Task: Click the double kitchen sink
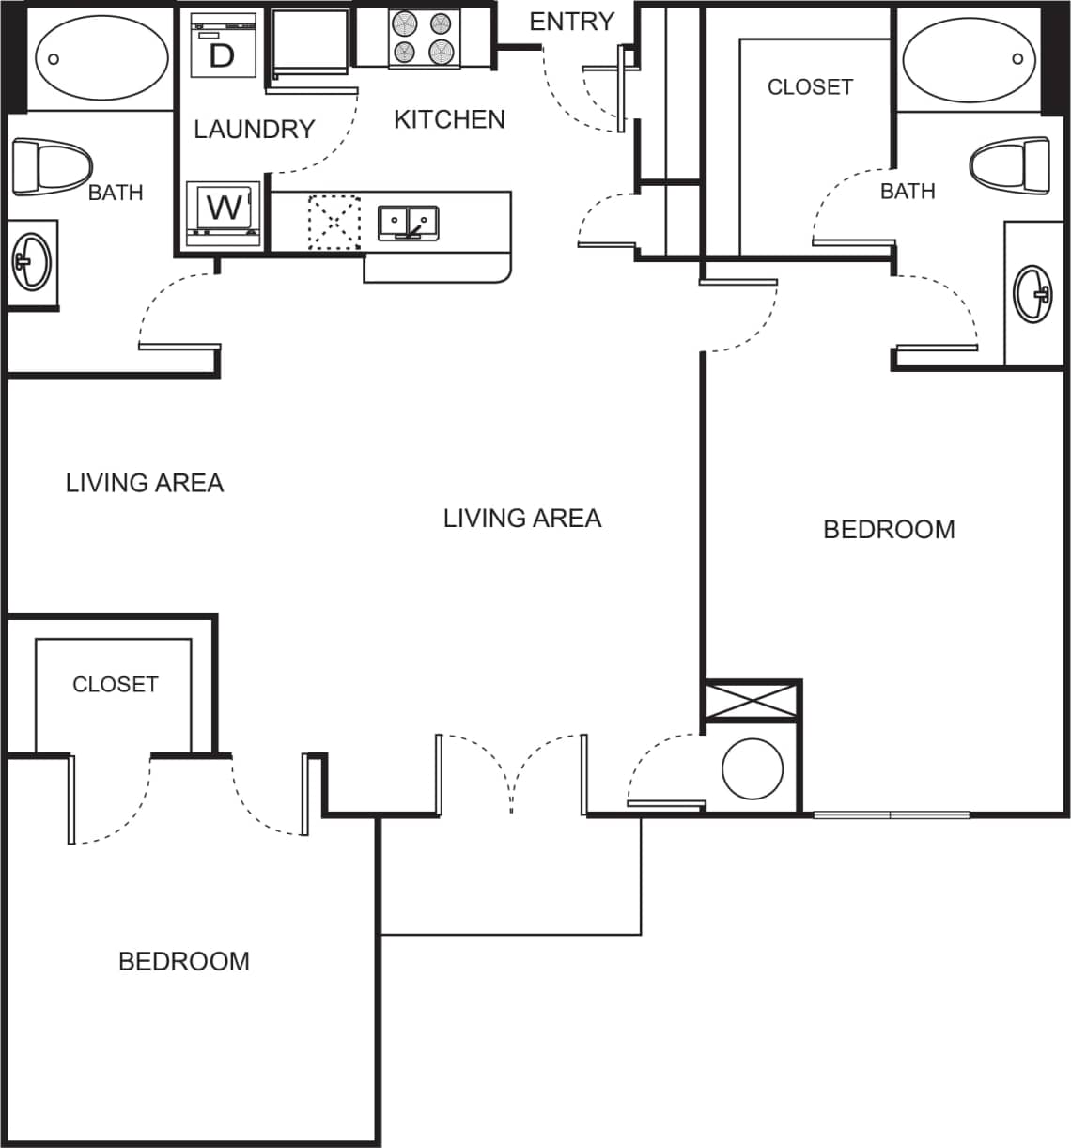pyautogui.click(x=409, y=223)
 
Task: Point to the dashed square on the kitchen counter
pyautogui.click(x=334, y=222)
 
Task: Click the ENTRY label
pyautogui.click(x=571, y=21)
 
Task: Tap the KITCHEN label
pyautogui.click(x=449, y=119)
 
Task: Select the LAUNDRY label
pyautogui.click(x=254, y=129)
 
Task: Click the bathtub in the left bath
pyautogui.click(x=101, y=57)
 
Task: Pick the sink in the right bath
pyautogui.click(x=1033, y=294)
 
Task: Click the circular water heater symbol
pyautogui.click(x=753, y=768)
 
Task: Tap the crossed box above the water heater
pyautogui.click(x=752, y=701)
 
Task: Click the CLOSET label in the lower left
pyautogui.click(x=115, y=684)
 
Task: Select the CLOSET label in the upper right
pyautogui.click(x=810, y=86)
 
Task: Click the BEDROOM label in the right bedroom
pyautogui.click(x=889, y=529)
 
